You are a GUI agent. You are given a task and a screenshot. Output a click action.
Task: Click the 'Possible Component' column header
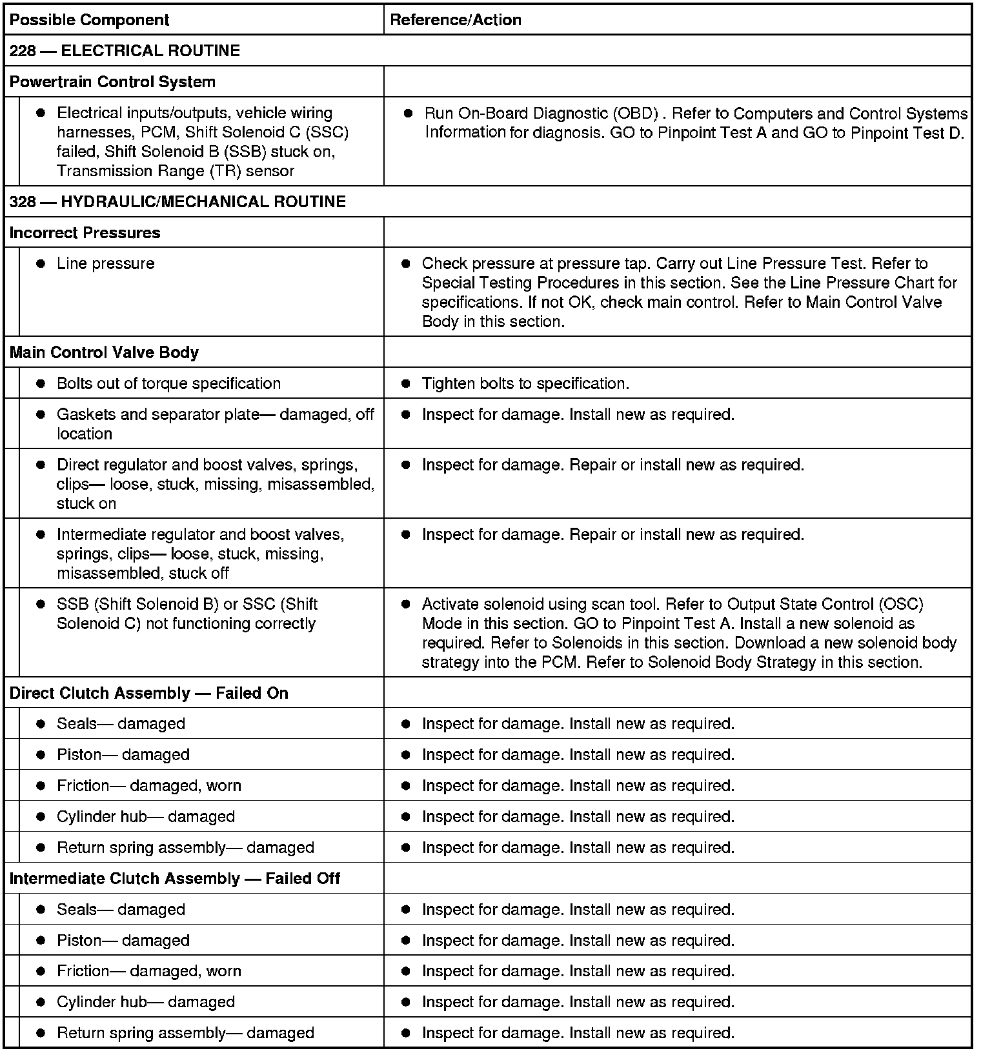(89, 20)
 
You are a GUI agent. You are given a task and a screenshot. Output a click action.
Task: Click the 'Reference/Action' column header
(456, 20)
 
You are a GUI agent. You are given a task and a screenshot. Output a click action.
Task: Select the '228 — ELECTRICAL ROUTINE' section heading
(125, 51)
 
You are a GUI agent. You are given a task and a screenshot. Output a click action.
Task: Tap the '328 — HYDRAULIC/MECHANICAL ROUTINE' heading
(177, 202)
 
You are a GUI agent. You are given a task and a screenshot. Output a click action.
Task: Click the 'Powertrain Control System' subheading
(112, 82)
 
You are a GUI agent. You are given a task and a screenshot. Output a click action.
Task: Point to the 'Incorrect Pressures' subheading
(85, 233)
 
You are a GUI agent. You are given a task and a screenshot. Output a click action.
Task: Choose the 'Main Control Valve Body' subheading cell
(104, 353)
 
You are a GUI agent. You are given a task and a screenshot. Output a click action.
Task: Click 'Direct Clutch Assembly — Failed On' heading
(148, 694)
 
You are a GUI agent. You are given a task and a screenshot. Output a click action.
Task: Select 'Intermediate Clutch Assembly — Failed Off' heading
(174, 879)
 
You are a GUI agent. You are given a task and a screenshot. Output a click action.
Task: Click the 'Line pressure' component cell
(105, 264)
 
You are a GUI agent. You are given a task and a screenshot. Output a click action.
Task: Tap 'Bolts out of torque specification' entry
(168, 384)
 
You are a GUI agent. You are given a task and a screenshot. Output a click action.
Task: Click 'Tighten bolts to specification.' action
(525, 384)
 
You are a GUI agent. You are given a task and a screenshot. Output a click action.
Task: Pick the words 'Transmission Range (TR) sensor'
(175, 171)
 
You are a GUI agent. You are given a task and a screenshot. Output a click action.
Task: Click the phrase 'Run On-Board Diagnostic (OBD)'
(541, 114)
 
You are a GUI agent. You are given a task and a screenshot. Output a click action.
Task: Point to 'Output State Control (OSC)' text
(825, 605)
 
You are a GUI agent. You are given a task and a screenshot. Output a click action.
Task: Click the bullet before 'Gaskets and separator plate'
(41, 415)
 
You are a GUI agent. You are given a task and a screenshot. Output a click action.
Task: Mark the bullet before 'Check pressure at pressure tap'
(406, 264)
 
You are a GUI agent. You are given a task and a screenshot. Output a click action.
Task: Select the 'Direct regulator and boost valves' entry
(207, 465)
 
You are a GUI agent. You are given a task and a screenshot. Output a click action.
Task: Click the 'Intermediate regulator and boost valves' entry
(200, 535)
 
